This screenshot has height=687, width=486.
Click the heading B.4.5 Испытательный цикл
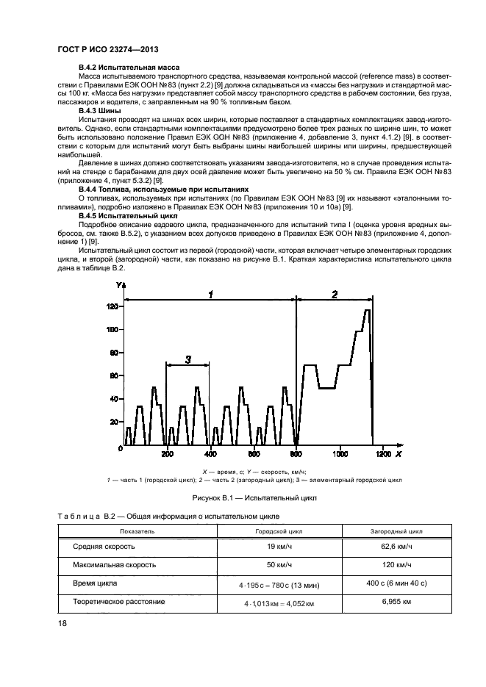121,217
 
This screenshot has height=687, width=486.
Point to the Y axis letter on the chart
117,285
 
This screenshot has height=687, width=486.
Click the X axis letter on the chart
398,456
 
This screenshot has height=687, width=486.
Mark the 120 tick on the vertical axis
112,306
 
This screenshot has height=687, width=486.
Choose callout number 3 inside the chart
188,359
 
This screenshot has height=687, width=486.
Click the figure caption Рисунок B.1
243,498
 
